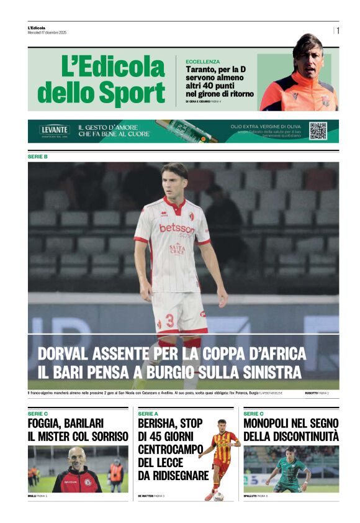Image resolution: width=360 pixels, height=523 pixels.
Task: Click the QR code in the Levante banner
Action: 318,130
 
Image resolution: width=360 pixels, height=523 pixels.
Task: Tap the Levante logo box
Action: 55,130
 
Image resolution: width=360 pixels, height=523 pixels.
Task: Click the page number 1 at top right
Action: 338,30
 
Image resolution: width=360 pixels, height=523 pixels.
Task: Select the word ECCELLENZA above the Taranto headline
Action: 202,61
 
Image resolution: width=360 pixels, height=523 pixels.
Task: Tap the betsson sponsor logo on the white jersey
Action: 176,229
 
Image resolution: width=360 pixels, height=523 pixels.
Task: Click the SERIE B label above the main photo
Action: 38,157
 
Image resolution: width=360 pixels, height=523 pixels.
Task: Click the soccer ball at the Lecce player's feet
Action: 218,496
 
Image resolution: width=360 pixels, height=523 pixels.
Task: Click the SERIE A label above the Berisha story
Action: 148,413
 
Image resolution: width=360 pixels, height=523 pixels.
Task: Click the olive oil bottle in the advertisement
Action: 186,131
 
